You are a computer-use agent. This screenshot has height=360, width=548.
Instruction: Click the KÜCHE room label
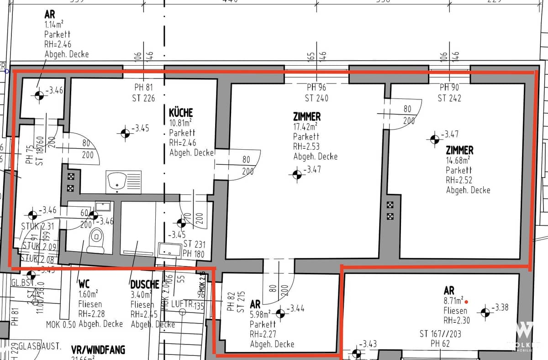(181, 112)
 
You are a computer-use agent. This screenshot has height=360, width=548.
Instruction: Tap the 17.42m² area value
(305, 126)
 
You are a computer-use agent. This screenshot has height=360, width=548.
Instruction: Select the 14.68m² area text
(458, 160)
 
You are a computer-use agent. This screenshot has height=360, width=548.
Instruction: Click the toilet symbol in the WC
(96, 237)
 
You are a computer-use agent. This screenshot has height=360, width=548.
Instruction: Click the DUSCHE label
(144, 285)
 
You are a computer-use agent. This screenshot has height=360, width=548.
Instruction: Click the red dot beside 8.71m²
(467, 302)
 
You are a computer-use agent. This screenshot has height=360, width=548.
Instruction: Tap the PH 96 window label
(316, 88)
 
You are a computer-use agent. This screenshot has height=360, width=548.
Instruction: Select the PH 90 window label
(449, 88)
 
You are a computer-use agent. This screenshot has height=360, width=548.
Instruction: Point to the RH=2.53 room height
(306, 146)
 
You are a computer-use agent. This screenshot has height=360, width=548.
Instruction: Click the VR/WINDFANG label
(98, 350)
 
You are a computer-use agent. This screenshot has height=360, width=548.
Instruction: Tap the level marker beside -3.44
(280, 313)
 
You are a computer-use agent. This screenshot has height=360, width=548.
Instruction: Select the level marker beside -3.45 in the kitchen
(124, 133)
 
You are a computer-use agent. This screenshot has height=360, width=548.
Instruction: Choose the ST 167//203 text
(440, 334)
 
